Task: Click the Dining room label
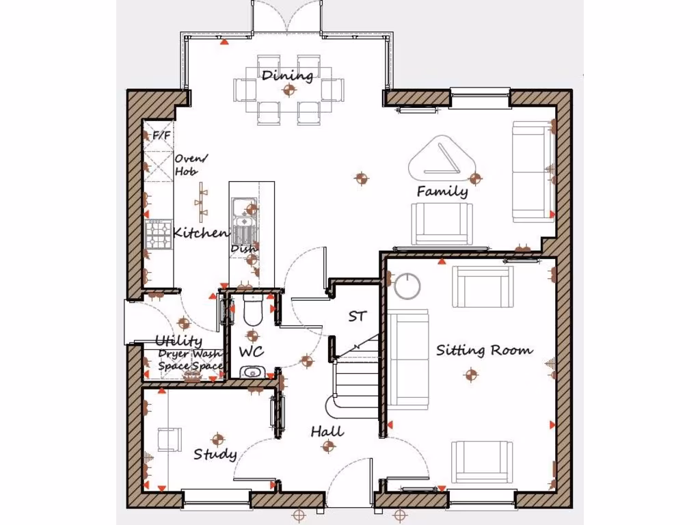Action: (x=287, y=75)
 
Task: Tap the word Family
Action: (x=442, y=191)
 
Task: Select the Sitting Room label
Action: (x=484, y=351)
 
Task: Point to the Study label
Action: (x=215, y=454)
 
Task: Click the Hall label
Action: (x=327, y=431)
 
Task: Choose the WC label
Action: (x=252, y=351)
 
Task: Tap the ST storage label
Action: (x=358, y=317)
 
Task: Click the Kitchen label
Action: (x=200, y=233)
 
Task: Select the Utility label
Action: (x=178, y=340)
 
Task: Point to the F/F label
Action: (x=162, y=135)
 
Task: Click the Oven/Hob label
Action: (x=191, y=165)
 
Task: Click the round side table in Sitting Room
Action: (x=408, y=285)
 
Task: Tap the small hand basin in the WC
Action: (x=252, y=372)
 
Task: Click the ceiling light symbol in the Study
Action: (x=218, y=439)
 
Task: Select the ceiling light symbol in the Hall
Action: (x=329, y=446)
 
